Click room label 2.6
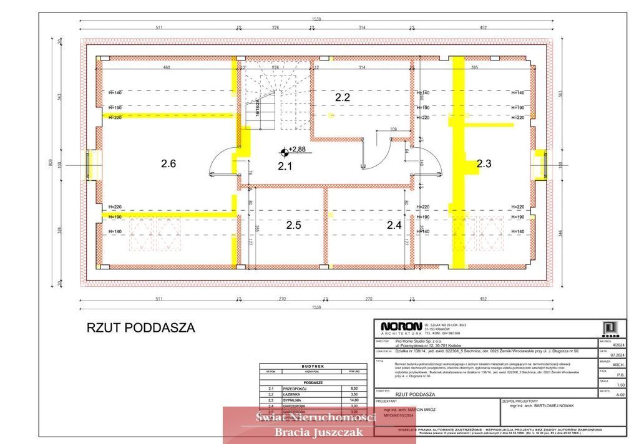(x=168, y=164)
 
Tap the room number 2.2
(x=343, y=97)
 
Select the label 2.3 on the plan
(x=484, y=164)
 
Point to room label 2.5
(x=293, y=225)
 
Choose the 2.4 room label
(x=394, y=225)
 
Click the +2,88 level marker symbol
(x=285, y=150)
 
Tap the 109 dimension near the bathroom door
(x=393, y=129)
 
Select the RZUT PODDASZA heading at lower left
(x=140, y=327)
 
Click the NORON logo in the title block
(x=400, y=327)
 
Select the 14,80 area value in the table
(x=354, y=400)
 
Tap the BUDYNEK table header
(x=313, y=366)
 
